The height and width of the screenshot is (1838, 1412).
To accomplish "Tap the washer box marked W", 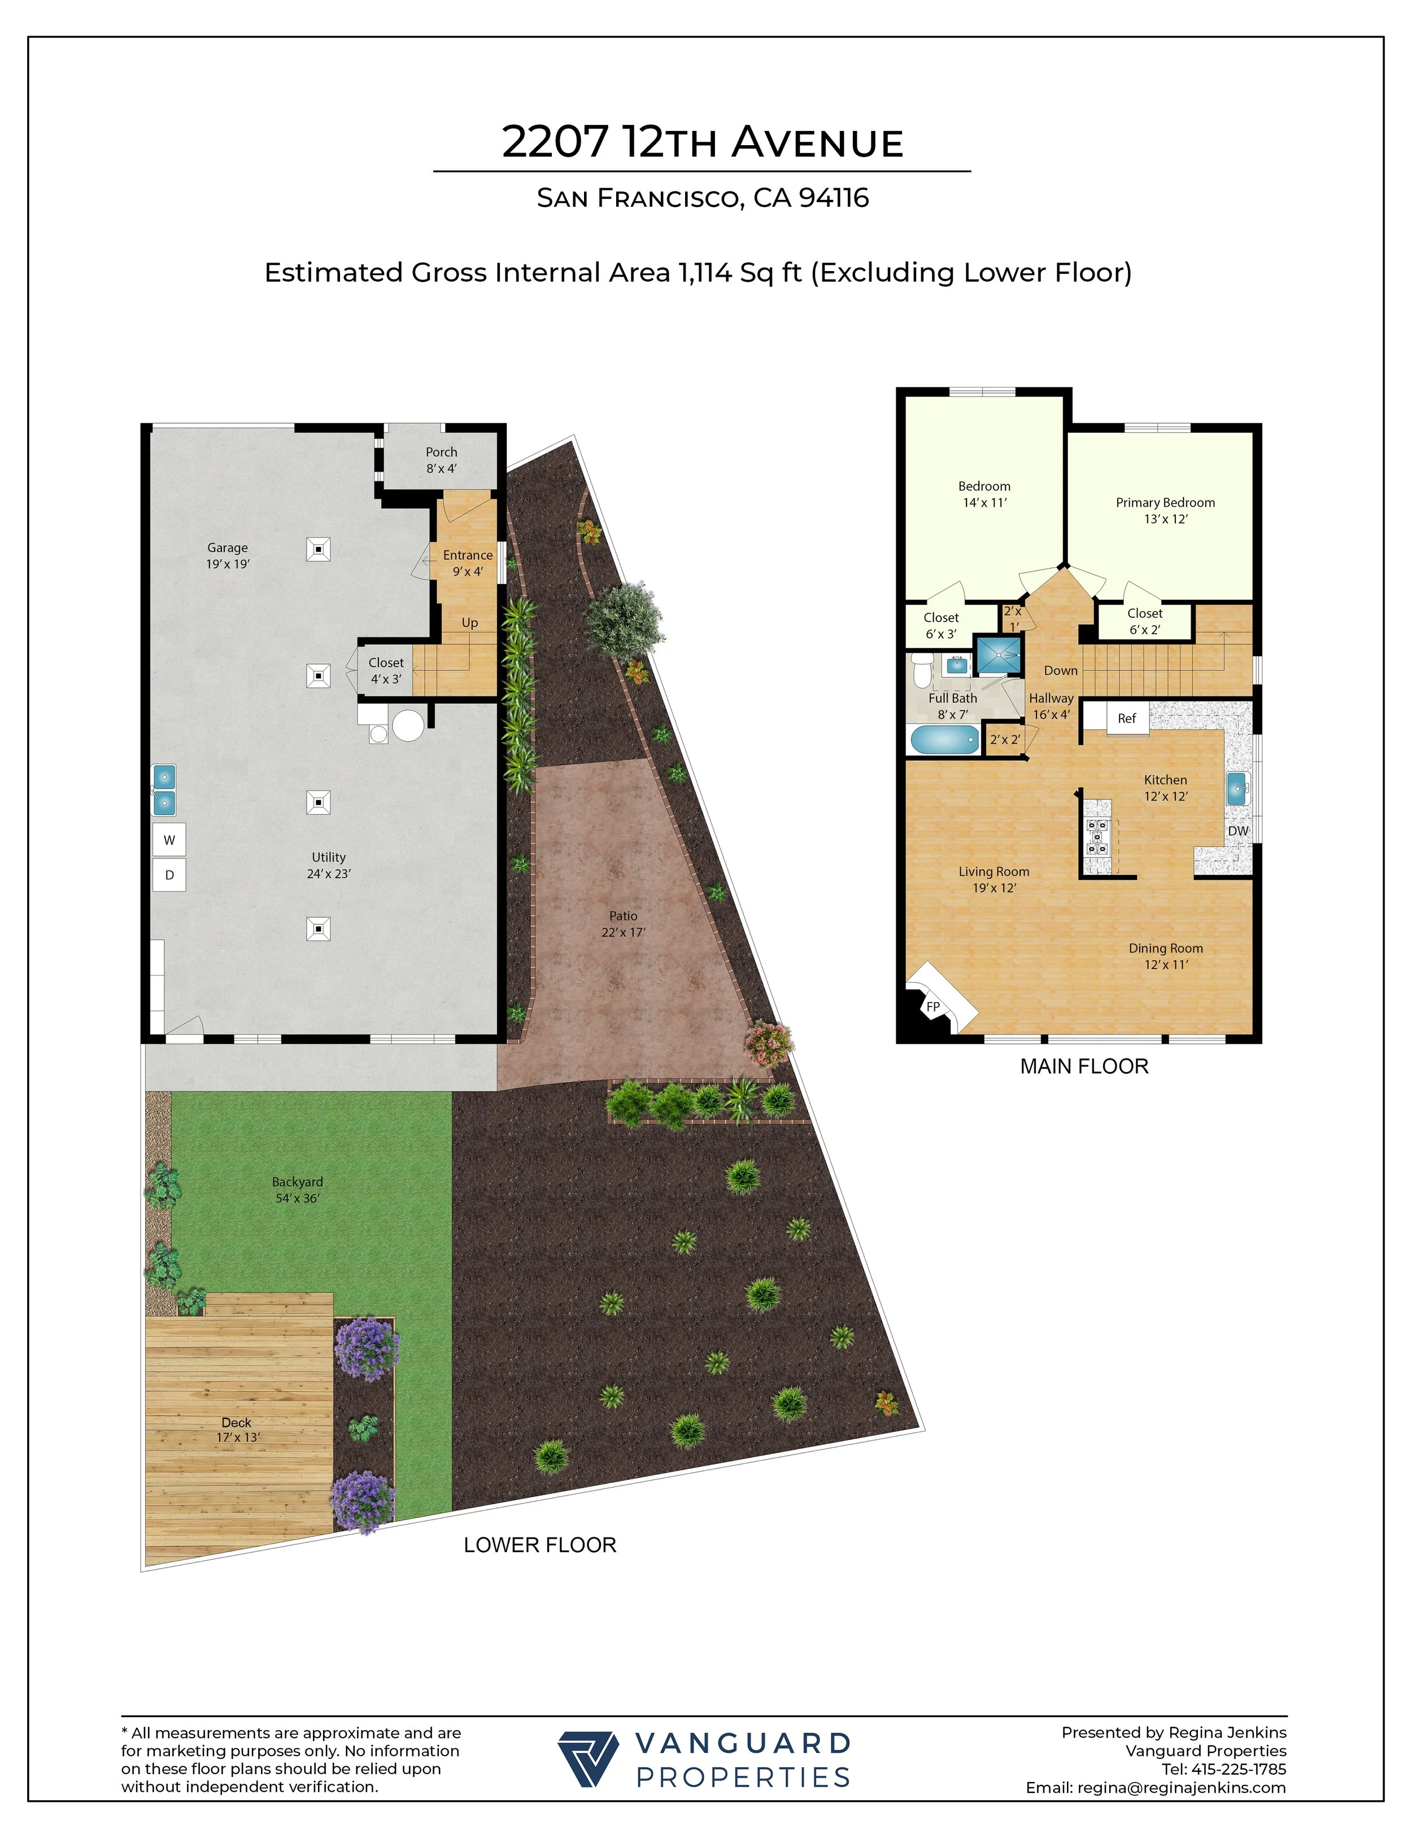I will [x=169, y=839].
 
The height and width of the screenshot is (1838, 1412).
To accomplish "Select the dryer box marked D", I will [x=169, y=875].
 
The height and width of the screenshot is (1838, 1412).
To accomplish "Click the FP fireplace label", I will [x=933, y=1007].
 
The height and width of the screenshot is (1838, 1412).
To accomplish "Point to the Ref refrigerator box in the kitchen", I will [x=1126, y=718].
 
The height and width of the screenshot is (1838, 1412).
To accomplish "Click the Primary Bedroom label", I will [x=1165, y=503].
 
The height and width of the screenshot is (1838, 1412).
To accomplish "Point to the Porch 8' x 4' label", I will [x=441, y=460].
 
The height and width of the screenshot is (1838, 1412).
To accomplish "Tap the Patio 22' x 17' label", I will [x=623, y=924].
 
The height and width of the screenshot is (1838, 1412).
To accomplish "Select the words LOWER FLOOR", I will [x=539, y=1545].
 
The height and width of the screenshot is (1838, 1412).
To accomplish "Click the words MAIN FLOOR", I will [x=1083, y=1066].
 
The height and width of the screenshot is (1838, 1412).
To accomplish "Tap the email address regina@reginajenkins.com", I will [x=1181, y=1788].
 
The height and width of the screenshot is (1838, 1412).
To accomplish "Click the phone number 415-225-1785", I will [x=1238, y=1769].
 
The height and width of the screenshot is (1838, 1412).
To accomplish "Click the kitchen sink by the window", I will [x=1236, y=789].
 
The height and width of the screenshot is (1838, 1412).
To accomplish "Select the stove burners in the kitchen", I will [x=1097, y=836].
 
